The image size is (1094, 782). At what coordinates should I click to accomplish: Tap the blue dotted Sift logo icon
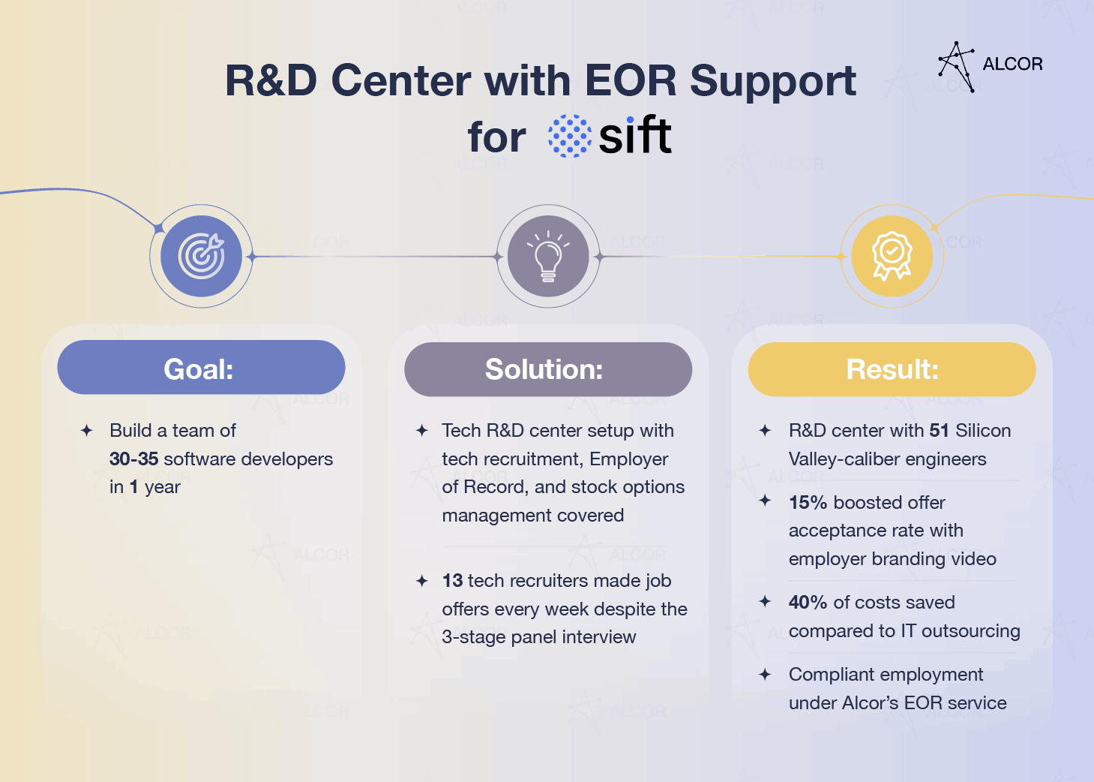pos(569,136)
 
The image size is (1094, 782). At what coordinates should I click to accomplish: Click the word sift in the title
pos(635,136)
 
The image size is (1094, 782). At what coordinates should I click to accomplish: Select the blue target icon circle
pos(201,256)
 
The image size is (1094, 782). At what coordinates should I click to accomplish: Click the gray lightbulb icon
pos(548,256)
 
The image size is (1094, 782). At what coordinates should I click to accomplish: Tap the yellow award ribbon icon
pos(892,256)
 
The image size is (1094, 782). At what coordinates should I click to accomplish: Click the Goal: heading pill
pos(201,368)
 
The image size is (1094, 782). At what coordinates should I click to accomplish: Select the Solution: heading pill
pos(547,369)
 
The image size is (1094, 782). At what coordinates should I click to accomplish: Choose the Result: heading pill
pos(892,369)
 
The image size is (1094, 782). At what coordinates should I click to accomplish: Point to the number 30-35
pos(133,459)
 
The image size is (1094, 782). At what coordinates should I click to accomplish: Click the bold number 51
pos(939,431)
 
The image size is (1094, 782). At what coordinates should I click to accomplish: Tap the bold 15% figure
pos(808,503)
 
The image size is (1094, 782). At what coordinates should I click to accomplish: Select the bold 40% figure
pos(808,603)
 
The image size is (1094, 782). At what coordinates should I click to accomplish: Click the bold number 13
pos(452,581)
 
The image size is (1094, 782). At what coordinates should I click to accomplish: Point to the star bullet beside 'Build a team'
pos(87,431)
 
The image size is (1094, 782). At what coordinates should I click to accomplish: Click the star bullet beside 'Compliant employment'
pos(765,675)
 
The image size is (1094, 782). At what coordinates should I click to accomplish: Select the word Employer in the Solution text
pos(628,459)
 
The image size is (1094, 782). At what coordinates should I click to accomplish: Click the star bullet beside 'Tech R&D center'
pos(422,431)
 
